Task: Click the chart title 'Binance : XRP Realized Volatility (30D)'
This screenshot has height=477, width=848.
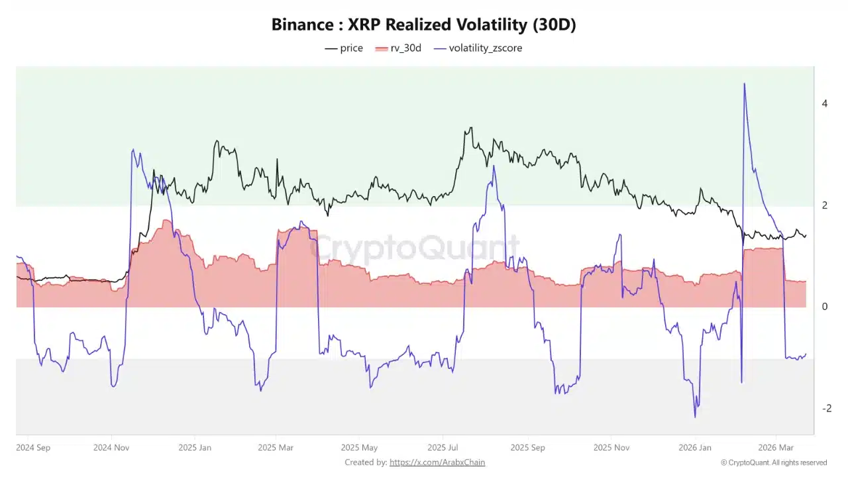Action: coord(424,25)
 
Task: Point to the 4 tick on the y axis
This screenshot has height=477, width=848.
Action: coord(824,103)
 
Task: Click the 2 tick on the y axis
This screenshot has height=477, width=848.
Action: coord(824,205)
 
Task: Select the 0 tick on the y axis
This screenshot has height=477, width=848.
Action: coord(824,307)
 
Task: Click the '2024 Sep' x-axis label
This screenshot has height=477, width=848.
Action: coord(33,447)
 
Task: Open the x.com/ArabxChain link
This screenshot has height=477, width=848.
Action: coord(437,462)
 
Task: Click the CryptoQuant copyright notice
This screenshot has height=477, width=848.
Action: coord(773,462)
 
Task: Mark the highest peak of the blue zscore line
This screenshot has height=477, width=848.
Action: coord(745,83)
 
